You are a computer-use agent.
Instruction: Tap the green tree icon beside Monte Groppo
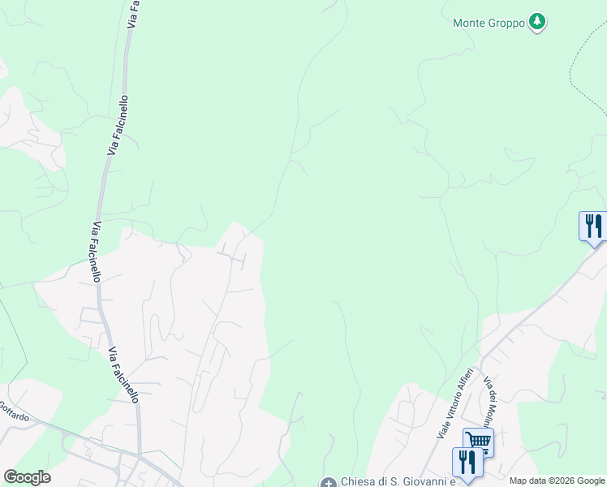coord(536,22)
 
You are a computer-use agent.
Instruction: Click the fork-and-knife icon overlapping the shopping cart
coord(467,462)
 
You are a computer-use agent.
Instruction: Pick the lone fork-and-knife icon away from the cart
coord(594,225)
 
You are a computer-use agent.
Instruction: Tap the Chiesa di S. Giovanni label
coord(389,481)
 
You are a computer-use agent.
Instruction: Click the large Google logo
coord(27,477)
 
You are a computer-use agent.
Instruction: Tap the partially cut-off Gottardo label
coord(14,412)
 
